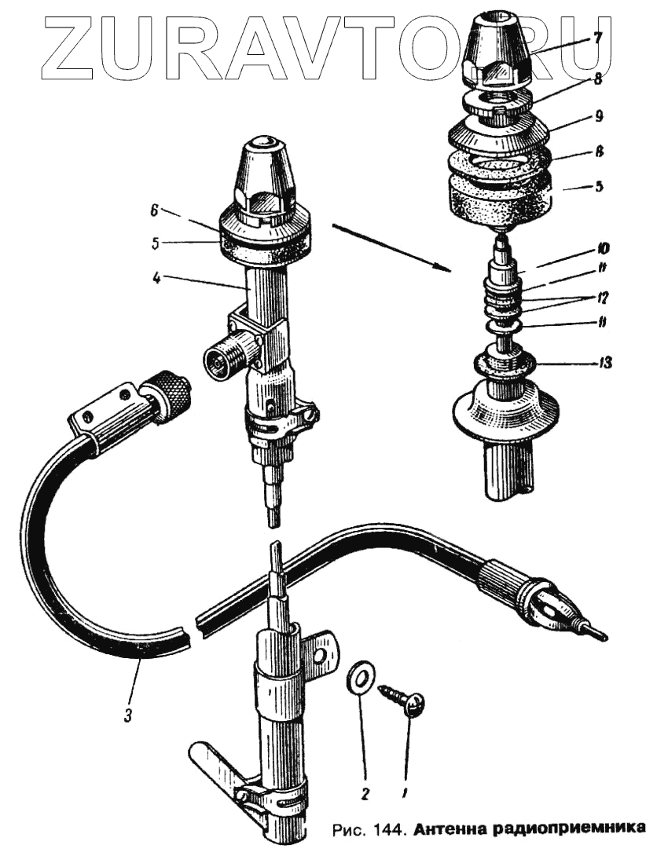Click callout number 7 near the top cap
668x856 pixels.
pos(598,37)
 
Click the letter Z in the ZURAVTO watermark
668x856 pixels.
pos(74,49)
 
